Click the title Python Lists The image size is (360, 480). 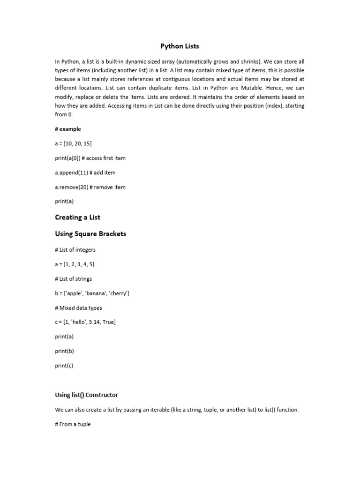180,46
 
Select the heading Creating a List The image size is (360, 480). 78,217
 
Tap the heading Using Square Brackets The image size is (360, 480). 90,233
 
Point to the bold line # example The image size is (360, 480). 68,129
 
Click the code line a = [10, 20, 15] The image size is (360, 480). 73,143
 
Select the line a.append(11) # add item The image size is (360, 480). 85,172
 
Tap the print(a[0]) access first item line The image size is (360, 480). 90,158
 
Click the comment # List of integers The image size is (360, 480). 75,250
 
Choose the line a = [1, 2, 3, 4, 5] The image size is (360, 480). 75,264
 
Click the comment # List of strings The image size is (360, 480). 74,279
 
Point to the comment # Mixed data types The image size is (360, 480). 78,308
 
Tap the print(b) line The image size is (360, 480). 64,351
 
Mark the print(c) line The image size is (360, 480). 64,366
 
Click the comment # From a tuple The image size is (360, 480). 73,424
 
